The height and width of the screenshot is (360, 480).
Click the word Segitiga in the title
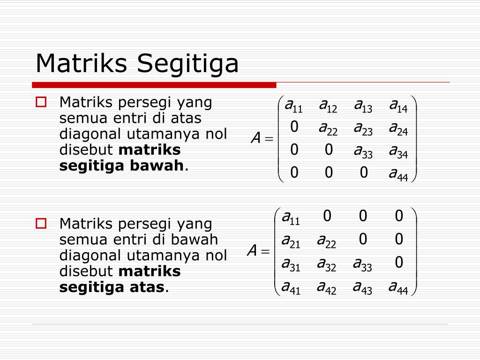click(x=187, y=63)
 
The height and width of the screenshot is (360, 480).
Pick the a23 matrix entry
click(x=363, y=129)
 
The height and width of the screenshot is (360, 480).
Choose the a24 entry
click(x=398, y=129)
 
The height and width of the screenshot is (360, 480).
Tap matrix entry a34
click(x=398, y=152)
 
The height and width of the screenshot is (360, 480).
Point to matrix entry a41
click(x=291, y=287)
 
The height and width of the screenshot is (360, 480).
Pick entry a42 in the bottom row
click(x=326, y=287)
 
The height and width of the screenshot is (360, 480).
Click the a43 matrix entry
click(x=362, y=287)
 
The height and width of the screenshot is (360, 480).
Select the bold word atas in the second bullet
click(x=145, y=287)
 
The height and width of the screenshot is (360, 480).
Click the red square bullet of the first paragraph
click(x=41, y=102)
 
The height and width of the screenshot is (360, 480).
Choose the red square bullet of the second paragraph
click(x=41, y=224)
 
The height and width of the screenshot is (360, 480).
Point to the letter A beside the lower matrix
click(x=252, y=252)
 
